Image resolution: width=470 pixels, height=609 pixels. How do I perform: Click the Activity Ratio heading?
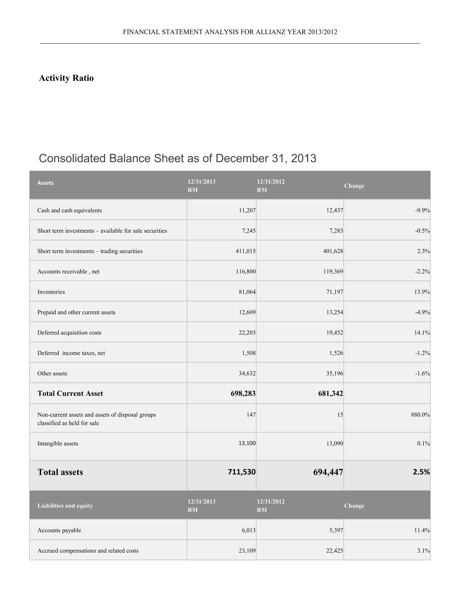point(66,78)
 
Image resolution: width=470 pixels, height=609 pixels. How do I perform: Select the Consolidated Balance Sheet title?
point(177,158)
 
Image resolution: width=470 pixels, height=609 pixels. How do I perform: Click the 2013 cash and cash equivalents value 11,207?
point(247,211)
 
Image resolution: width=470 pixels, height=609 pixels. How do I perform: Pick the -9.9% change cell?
point(422,211)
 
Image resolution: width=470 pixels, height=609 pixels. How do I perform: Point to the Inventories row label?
point(51,292)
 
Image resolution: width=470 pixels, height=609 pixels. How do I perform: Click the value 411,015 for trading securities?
point(245,251)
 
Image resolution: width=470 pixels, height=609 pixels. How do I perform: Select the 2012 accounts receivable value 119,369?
point(333,272)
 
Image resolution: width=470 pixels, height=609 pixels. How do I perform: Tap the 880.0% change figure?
point(420,415)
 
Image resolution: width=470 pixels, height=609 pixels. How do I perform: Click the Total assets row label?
point(60,472)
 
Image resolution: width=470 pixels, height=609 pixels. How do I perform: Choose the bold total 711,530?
point(241,472)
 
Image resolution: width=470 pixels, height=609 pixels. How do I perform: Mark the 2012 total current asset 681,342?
point(330,393)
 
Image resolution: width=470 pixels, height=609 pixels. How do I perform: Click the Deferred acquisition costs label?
point(69,333)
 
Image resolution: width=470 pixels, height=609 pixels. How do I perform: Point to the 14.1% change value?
point(422,333)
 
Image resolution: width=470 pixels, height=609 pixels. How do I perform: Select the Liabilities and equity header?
point(65,506)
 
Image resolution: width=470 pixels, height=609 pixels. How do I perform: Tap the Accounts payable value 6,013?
point(248,530)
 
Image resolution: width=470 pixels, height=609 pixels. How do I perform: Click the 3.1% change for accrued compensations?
point(423,551)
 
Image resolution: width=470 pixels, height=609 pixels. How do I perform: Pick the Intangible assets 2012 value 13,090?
point(335,443)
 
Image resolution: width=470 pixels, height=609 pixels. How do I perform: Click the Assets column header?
point(45,183)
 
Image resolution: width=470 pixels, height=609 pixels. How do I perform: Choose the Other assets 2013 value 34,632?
point(247,373)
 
